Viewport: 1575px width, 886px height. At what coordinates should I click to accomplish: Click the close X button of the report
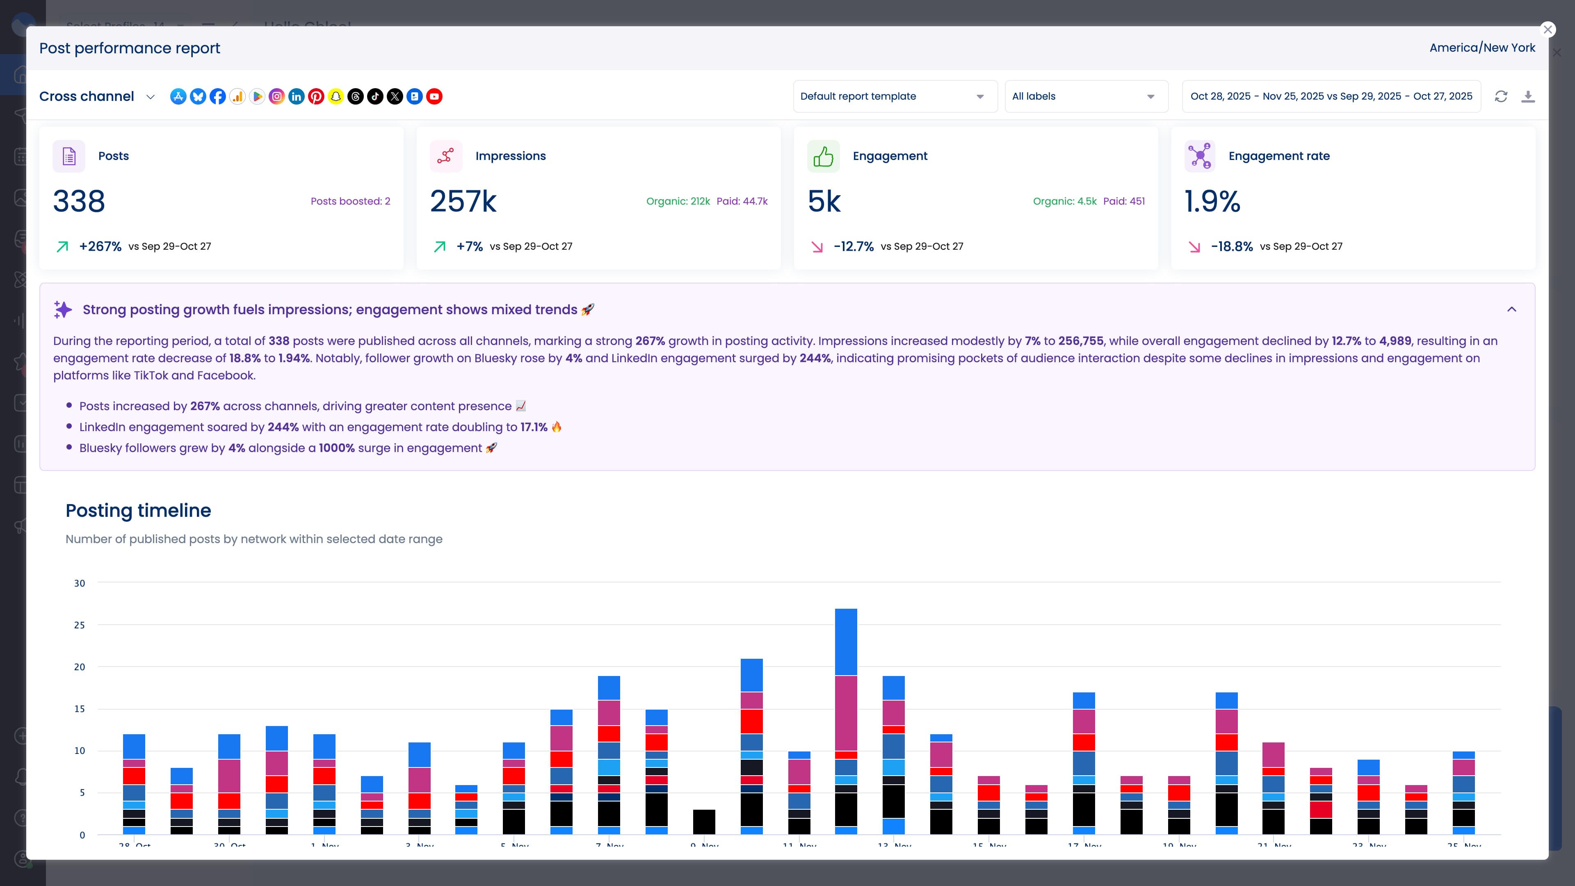point(1548,30)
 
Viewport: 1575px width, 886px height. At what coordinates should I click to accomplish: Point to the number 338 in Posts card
point(79,201)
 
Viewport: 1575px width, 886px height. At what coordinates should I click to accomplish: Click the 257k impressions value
point(463,201)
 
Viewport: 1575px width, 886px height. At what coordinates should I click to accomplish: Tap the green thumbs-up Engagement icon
point(823,157)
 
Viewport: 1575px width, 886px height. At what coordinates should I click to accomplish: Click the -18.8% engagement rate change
point(1231,247)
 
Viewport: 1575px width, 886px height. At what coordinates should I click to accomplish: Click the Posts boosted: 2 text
point(350,201)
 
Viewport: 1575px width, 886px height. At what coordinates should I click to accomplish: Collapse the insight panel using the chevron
point(1511,309)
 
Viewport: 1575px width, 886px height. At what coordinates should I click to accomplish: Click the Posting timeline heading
point(138,511)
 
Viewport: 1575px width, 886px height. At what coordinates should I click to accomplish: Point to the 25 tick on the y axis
point(80,625)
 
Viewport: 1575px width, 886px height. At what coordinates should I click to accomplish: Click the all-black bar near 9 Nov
point(704,822)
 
